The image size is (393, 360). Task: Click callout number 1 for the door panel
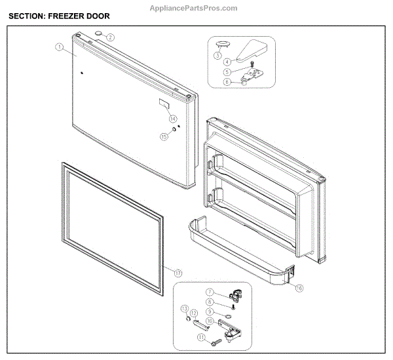tap(59, 47)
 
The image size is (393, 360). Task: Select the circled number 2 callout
tap(111, 37)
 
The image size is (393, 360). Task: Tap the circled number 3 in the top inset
tap(217, 56)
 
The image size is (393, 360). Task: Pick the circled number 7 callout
tap(210, 291)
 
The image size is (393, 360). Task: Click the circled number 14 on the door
tap(172, 119)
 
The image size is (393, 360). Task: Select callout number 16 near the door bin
tap(299, 287)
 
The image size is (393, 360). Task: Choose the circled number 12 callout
tap(194, 313)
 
